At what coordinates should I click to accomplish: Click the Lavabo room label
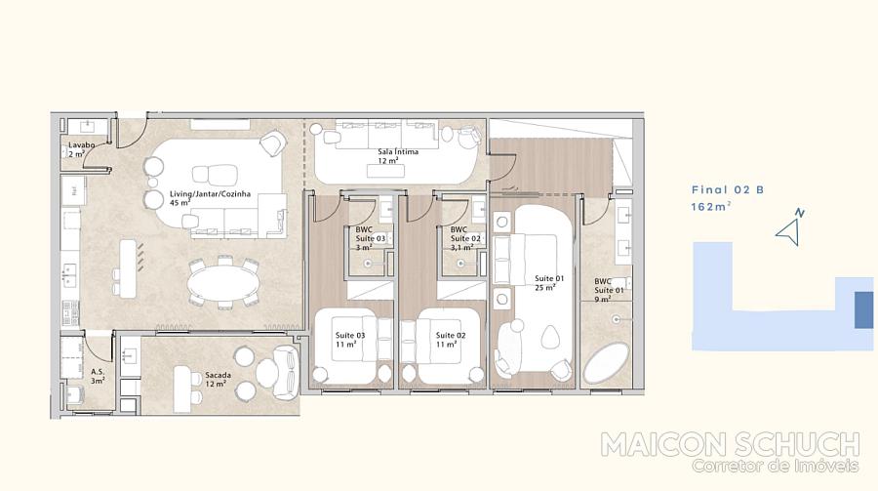coord(81,149)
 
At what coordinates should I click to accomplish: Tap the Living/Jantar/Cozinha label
coord(210,198)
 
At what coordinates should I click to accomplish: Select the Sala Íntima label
coord(398,156)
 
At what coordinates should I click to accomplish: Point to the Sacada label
coord(218,380)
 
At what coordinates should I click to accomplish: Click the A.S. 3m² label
coord(98,376)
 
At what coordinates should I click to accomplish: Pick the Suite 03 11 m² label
coord(350,340)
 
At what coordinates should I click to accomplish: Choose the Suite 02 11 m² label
coord(451,340)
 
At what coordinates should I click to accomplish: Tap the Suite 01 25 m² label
coord(548,283)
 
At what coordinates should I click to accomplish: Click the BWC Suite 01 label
coord(609,290)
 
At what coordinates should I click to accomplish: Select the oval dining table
coord(223,282)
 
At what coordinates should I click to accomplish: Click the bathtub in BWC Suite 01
coord(606,363)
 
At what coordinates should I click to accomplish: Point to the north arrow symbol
coord(790,228)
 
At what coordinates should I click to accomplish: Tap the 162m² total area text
coord(710,206)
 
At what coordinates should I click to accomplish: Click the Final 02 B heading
coord(728,190)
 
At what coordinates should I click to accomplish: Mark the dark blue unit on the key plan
coord(863,310)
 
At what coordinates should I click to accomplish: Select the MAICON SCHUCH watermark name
coord(730,444)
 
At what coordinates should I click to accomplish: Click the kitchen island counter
coord(128,269)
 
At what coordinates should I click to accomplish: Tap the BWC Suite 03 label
coord(370,238)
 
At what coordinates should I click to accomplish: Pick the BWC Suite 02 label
coord(465,238)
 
